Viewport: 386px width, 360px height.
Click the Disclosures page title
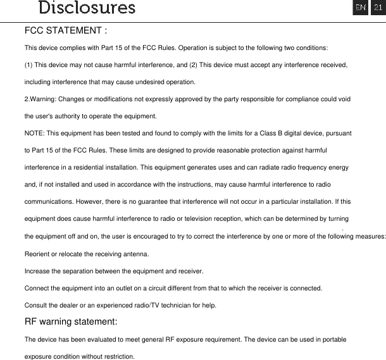click(87, 8)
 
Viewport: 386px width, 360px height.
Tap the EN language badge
click(360, 8)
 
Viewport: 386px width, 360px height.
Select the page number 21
click(377, 8)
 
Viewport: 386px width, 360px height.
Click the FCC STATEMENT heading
click(66, 30)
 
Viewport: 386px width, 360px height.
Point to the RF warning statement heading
click(70, 321)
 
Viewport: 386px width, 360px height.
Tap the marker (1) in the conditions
click(29, 65)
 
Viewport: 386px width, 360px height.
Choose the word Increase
click(37, 271)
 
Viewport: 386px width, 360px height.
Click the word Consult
click(35, 305)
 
